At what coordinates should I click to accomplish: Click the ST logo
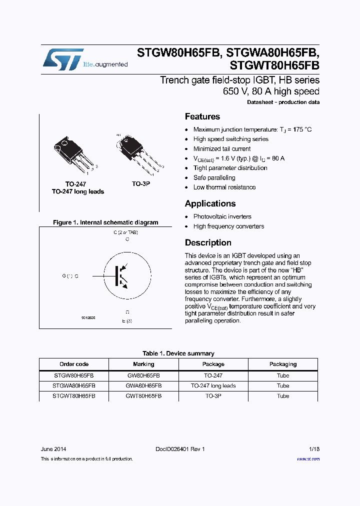point(62,59)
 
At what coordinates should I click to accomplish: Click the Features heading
point(202,116)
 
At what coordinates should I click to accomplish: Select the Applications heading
point(210,203)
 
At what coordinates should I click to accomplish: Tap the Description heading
point(208,242)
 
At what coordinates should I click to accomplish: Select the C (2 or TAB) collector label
point(125,232)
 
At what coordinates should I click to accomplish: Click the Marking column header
point(143,364)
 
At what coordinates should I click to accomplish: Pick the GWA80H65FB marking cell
point(143,385)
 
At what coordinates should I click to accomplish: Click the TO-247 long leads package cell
point(213,385)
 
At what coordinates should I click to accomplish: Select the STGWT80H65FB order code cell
point(73,395)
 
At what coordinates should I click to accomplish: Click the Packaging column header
point(283,364)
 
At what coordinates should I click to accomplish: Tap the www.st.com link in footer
point(308,458)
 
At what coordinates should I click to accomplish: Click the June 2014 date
point(53,449)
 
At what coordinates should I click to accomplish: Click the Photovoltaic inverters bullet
point(222,216)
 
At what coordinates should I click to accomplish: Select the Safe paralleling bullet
point(214,177)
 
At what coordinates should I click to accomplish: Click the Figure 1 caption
point(105,222)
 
